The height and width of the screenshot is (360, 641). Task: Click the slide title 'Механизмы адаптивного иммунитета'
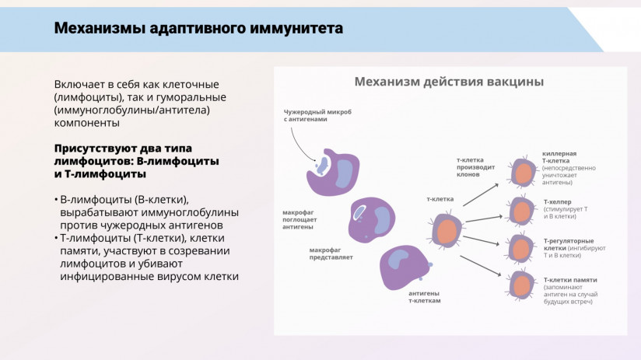(198, 29)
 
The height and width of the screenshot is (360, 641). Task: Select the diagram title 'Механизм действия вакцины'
(449, 82)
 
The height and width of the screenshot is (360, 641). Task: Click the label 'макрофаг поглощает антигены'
(299, 219)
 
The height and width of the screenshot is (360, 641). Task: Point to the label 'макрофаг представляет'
(331, 253)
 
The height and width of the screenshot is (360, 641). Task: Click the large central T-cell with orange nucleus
(446, 230)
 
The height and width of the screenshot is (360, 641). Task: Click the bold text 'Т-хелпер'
(558, 201)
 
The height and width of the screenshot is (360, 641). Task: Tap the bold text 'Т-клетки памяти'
(570, 279)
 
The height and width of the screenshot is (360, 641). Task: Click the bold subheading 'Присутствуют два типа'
(123, 148)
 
